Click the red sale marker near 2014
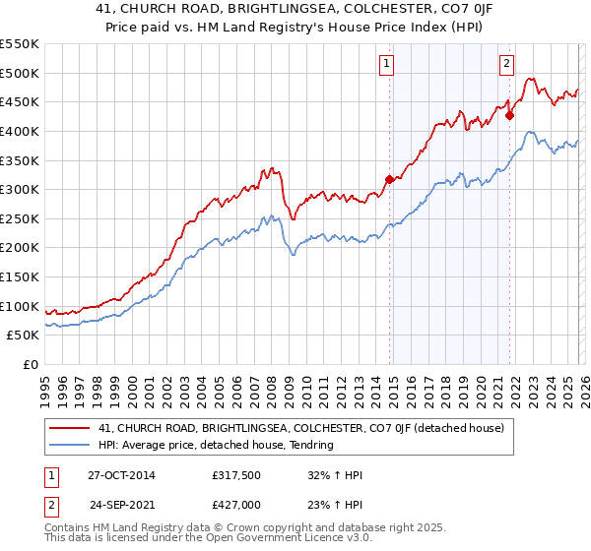389,179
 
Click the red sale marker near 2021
509,115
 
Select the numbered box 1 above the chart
386,64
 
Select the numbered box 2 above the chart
506,64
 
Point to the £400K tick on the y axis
20,131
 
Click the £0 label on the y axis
32,365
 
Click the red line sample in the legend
70,428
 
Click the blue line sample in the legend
70,445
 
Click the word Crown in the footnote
241,529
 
